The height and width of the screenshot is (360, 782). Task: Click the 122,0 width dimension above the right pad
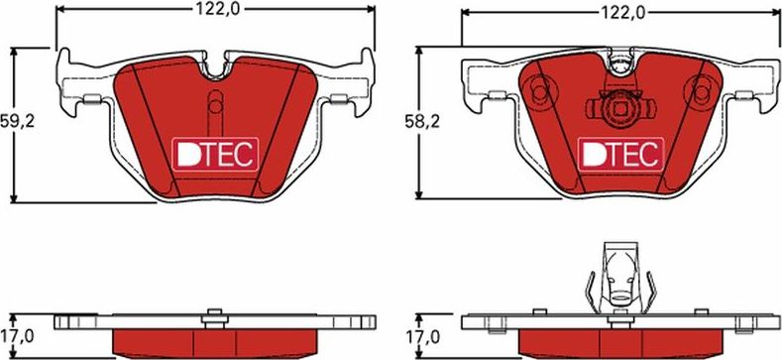(x=621, y=12)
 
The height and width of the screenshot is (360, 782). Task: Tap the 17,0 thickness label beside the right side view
(x=422, y=336)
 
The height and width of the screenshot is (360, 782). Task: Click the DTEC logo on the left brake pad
(x=215, y=153)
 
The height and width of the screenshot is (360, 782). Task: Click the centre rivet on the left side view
(x=211, y=318)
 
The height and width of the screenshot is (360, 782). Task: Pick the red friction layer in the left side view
(x=215, y=343)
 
